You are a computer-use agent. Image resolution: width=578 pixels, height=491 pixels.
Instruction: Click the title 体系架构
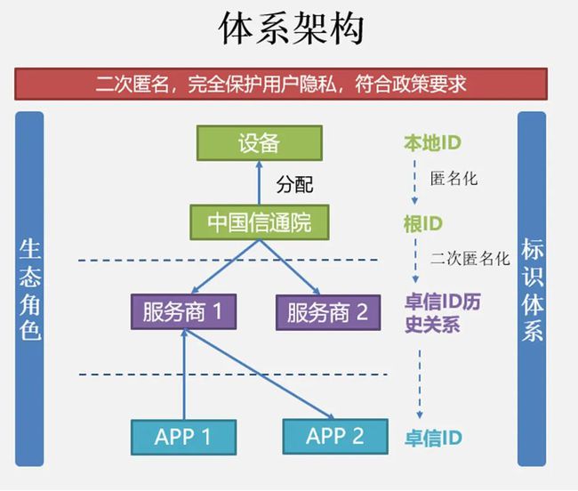click(291, 28)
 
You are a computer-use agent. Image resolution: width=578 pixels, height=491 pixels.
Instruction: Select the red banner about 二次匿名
click(281, 84)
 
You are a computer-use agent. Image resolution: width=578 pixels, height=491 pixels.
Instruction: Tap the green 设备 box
click(260, 143)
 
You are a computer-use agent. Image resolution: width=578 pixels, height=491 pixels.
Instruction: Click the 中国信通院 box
click(260, 222)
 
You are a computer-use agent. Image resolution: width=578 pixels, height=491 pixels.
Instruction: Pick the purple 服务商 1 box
click(183, 311)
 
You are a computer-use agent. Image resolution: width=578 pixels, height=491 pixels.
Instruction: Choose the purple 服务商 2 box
click(328, 312)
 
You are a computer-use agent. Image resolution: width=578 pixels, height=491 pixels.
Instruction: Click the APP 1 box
click(183, 437)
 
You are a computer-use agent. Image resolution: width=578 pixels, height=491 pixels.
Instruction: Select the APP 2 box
click(335, 437)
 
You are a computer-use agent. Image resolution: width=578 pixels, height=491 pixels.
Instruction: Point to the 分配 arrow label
click(294, 184)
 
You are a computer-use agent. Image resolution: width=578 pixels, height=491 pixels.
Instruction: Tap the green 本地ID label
click(433, 142)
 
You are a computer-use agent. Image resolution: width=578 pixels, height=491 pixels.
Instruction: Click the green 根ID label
click(422, 224)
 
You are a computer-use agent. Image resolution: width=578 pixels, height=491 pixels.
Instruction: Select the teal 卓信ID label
click(433, 438)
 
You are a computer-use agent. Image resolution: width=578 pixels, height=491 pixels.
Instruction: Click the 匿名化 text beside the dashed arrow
click(454, 179)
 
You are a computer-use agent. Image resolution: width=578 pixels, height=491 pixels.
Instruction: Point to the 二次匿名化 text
click(470, 258)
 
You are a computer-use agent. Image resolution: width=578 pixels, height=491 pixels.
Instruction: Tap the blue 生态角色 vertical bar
click(29, 289)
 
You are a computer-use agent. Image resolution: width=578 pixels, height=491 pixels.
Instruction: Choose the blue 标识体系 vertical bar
click(532, 289)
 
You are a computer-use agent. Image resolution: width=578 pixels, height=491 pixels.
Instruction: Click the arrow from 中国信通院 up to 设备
click(259, 183)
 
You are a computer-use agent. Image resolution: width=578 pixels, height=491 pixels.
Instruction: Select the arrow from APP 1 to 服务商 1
click(184, 374)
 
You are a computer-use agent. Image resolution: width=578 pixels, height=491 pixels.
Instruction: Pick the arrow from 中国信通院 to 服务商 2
click(289, 267)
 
